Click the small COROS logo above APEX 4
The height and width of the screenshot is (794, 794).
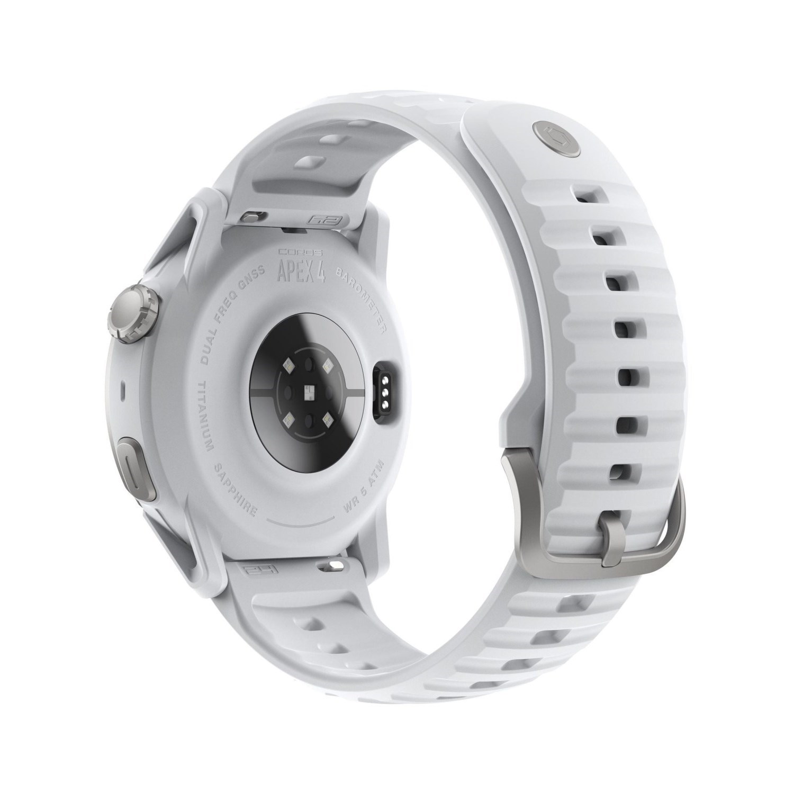[x=303, y=252]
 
